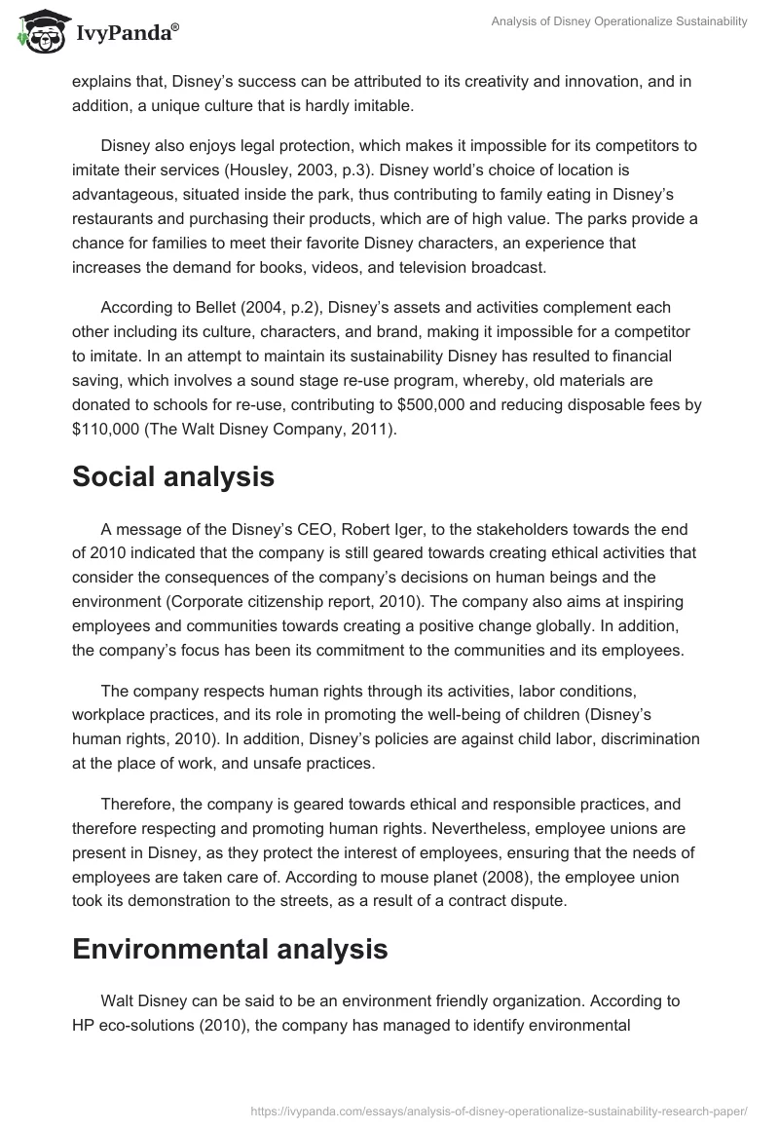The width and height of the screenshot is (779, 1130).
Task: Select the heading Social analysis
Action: (173, 477)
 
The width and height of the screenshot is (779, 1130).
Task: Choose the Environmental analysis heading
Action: (230, 950)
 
